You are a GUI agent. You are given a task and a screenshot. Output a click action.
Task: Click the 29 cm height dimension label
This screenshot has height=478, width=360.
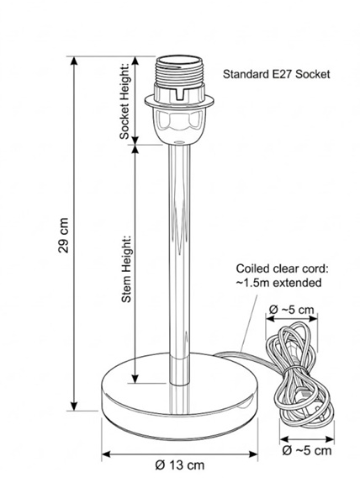(63, 235)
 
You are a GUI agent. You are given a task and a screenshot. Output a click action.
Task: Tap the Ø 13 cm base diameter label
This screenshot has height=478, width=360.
(180, 465)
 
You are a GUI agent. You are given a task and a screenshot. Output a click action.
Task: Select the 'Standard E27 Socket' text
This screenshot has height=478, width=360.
(276, 74)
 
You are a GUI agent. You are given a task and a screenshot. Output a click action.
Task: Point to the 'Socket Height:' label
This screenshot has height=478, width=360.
(124, 102)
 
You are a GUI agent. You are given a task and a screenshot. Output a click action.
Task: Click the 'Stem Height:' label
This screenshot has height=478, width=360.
(126, 269)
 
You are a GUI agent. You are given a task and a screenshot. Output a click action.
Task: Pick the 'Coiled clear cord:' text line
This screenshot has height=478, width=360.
(283, 269)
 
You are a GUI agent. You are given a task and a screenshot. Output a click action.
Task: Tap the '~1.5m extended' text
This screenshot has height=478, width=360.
(278, 283)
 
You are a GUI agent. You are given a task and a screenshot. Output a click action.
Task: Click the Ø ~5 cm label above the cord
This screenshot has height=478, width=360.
(291, 310)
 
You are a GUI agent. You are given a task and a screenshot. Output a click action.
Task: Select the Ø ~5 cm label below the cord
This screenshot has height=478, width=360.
(306, 450)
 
